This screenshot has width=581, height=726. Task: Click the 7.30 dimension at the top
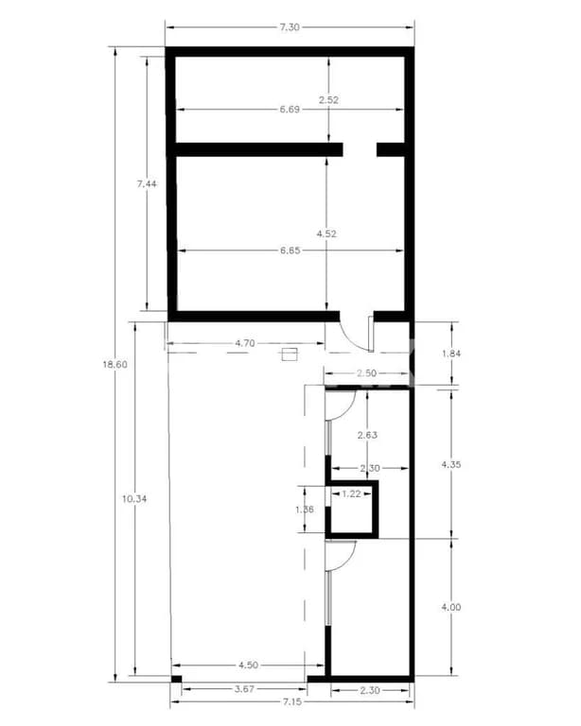tap(290, 27)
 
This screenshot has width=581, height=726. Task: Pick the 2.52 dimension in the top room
tap(328, 98)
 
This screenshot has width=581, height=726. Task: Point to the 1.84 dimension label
tap(453, 354)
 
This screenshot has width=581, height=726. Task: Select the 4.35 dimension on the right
tap(451, 464)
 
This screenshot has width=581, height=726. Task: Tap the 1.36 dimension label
tap(305, 510)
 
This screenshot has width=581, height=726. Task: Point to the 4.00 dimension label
tap(451, 608)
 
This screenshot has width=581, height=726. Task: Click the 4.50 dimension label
tap(251, 665)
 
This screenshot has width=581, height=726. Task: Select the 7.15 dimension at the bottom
tap(290, 703)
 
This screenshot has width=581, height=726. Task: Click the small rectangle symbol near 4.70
tap(290, 354)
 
